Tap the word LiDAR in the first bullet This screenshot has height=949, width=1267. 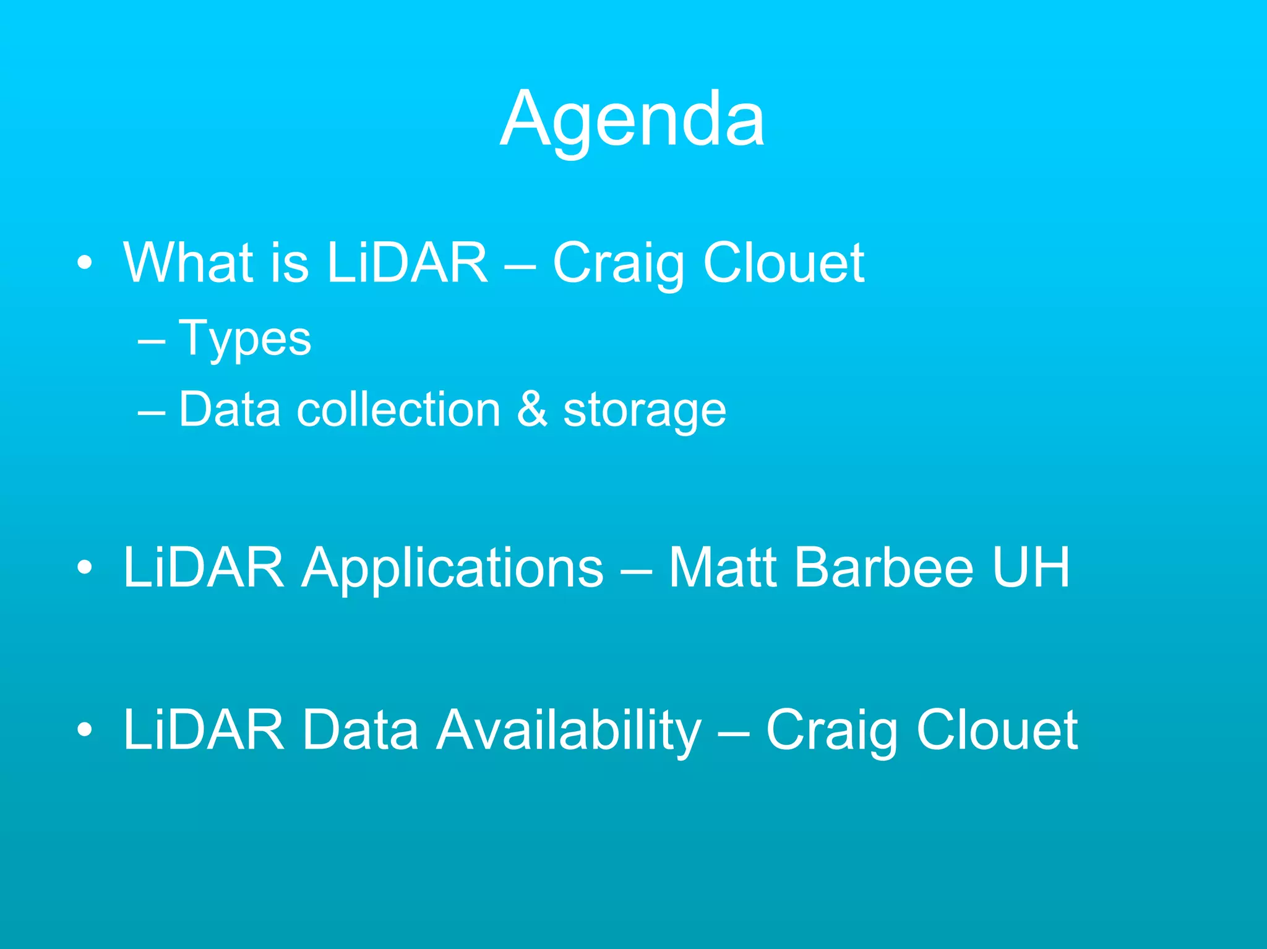[x=407, y=263]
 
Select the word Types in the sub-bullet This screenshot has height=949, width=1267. [x=245, y=340]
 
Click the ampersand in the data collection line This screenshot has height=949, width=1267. [x=532, y=410]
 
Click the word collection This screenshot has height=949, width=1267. [x=398, y=410]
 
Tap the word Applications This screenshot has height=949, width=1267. [x=452, y=568]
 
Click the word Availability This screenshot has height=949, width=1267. [x=569, y=731]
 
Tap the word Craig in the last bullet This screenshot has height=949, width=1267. [x=831, y=731]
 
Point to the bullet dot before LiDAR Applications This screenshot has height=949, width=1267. [x=85, y=568]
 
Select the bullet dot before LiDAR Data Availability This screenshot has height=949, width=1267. [x=85, y=731]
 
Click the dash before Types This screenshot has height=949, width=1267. [x=152, y=341]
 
